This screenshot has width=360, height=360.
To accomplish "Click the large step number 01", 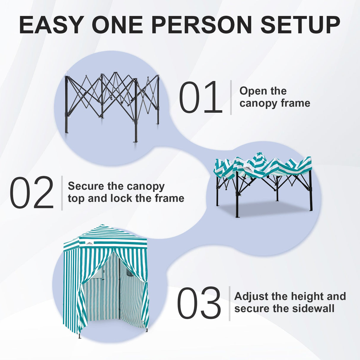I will click(200, 98).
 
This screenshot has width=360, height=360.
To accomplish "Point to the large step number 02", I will click(31, 193).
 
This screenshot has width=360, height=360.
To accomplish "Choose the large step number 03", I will click(199, 303).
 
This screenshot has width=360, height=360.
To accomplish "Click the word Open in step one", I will click(252, 91).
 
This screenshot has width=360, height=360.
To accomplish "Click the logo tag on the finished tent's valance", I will click(89, 243).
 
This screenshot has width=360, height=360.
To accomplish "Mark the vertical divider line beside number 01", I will click(231, 97).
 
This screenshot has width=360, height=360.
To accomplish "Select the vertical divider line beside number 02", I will click(62, 193).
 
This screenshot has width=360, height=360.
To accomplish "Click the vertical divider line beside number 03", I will click(230, 303).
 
